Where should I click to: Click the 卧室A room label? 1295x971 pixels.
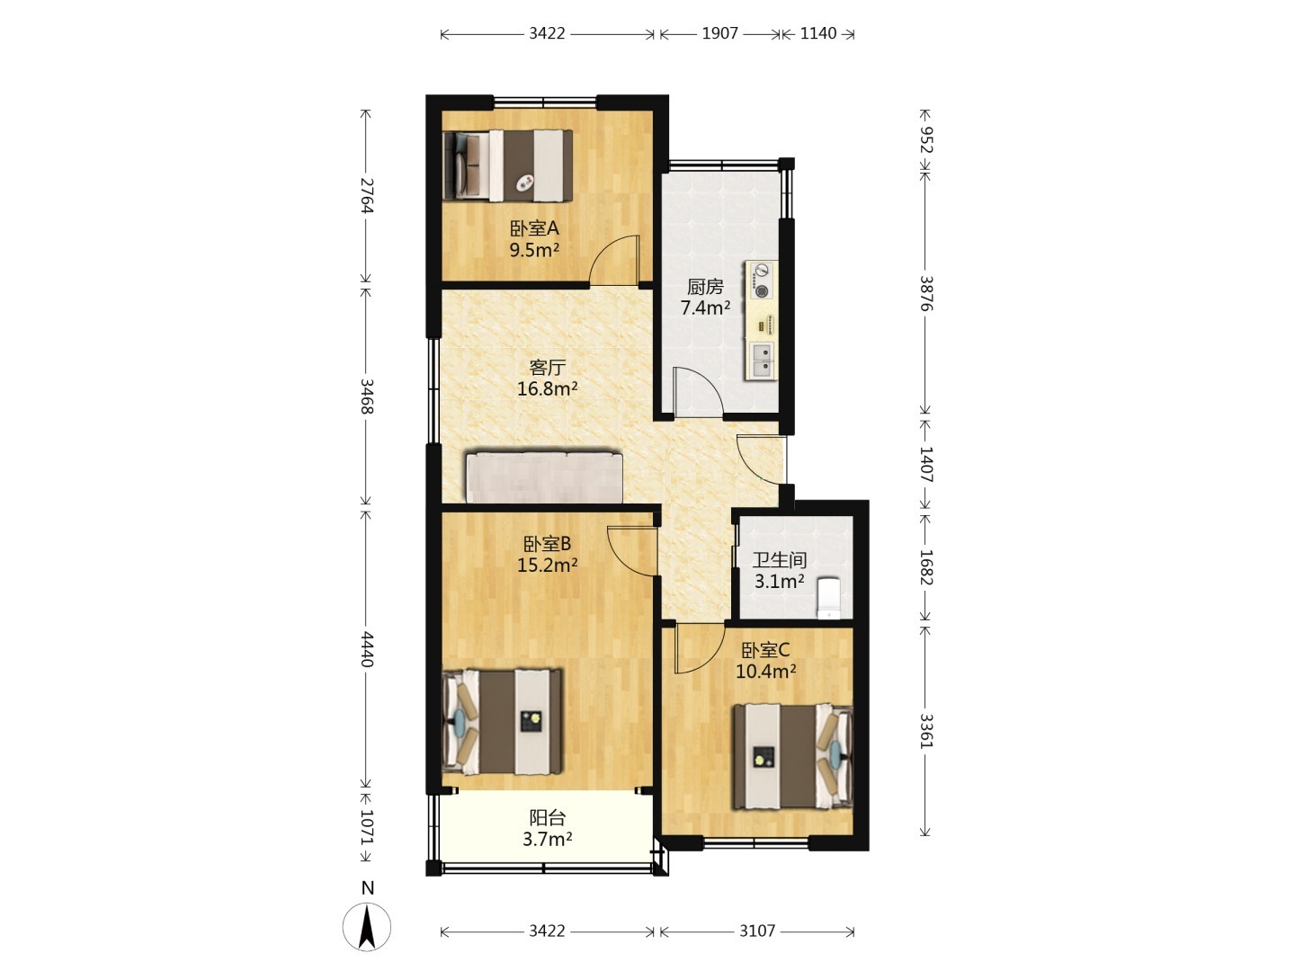pyautogui.click(x=534, y=228)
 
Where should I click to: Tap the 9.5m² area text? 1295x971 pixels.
pyautogui.click(x=534, y=250)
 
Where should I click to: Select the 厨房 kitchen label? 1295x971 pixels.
pyautogui.click(x=705, y=287)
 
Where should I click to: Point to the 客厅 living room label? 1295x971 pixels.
pyautogui.click(x=547, y=368)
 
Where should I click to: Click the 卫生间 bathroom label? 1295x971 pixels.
pyautogui.click(x=779, y=560)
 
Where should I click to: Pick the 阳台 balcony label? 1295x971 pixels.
pyautogui.click(x=547, y=818)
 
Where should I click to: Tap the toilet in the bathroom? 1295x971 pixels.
pyautogui.click(x=829, y=598)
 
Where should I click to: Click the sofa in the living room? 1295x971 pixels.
pyautogui.click(x=544, y=477)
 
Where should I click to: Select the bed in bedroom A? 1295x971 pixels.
pyautogui.click(x=508, y=165)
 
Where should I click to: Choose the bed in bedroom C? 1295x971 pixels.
pyautogui.click(x=793, y=756)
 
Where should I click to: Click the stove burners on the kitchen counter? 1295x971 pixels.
pyautogui.click(x=761, y=281)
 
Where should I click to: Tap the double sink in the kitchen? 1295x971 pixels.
pyautogui.click(x=763, y=361)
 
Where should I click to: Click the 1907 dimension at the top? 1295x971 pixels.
pyautogui.click(x=719, y=33)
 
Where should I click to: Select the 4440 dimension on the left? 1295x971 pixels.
pyautogui.click(x=367, y=648)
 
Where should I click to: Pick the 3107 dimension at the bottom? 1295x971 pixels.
pyautogui.click(x=757, y=931)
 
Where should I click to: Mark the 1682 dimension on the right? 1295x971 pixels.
pyautogui.click(x=925, y=567)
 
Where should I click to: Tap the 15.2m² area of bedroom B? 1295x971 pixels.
pyautogui.click(x=547, y=565)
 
